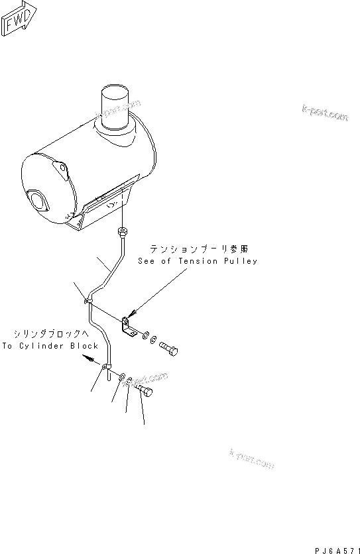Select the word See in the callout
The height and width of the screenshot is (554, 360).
(147, 261)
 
